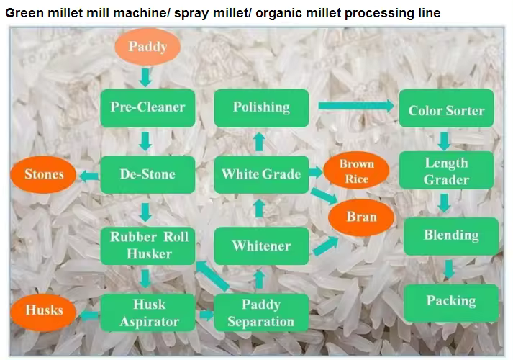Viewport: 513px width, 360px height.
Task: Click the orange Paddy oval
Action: coord(147,48)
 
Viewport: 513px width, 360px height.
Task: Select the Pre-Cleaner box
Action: coord(147,107)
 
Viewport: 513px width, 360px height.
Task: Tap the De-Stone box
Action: coord(147,174)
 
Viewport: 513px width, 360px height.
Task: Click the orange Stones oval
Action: coord(44,174)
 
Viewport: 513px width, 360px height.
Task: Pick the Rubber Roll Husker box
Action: coord(149,245)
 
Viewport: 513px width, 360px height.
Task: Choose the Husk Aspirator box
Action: coord(150,312)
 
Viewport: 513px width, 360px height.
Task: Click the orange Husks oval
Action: coord(44,311)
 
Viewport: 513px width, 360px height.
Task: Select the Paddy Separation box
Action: coord(260,312)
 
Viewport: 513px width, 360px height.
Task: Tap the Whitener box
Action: coord(261,246)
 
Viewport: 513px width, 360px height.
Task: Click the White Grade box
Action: coord(261,174)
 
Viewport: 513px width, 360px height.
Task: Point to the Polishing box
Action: coord(261,107)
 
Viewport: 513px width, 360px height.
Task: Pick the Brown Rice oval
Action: coord(357,172)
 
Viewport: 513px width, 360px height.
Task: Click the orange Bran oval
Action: coord(361,217)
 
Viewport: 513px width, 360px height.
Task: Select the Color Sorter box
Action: coord(446,110)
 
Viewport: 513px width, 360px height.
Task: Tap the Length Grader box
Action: coord(446,171)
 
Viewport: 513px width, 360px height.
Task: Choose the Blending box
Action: coord(451,235)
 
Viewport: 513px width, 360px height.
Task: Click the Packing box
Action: coord(451,301)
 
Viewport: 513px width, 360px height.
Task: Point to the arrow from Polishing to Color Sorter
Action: coord(355,107)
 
